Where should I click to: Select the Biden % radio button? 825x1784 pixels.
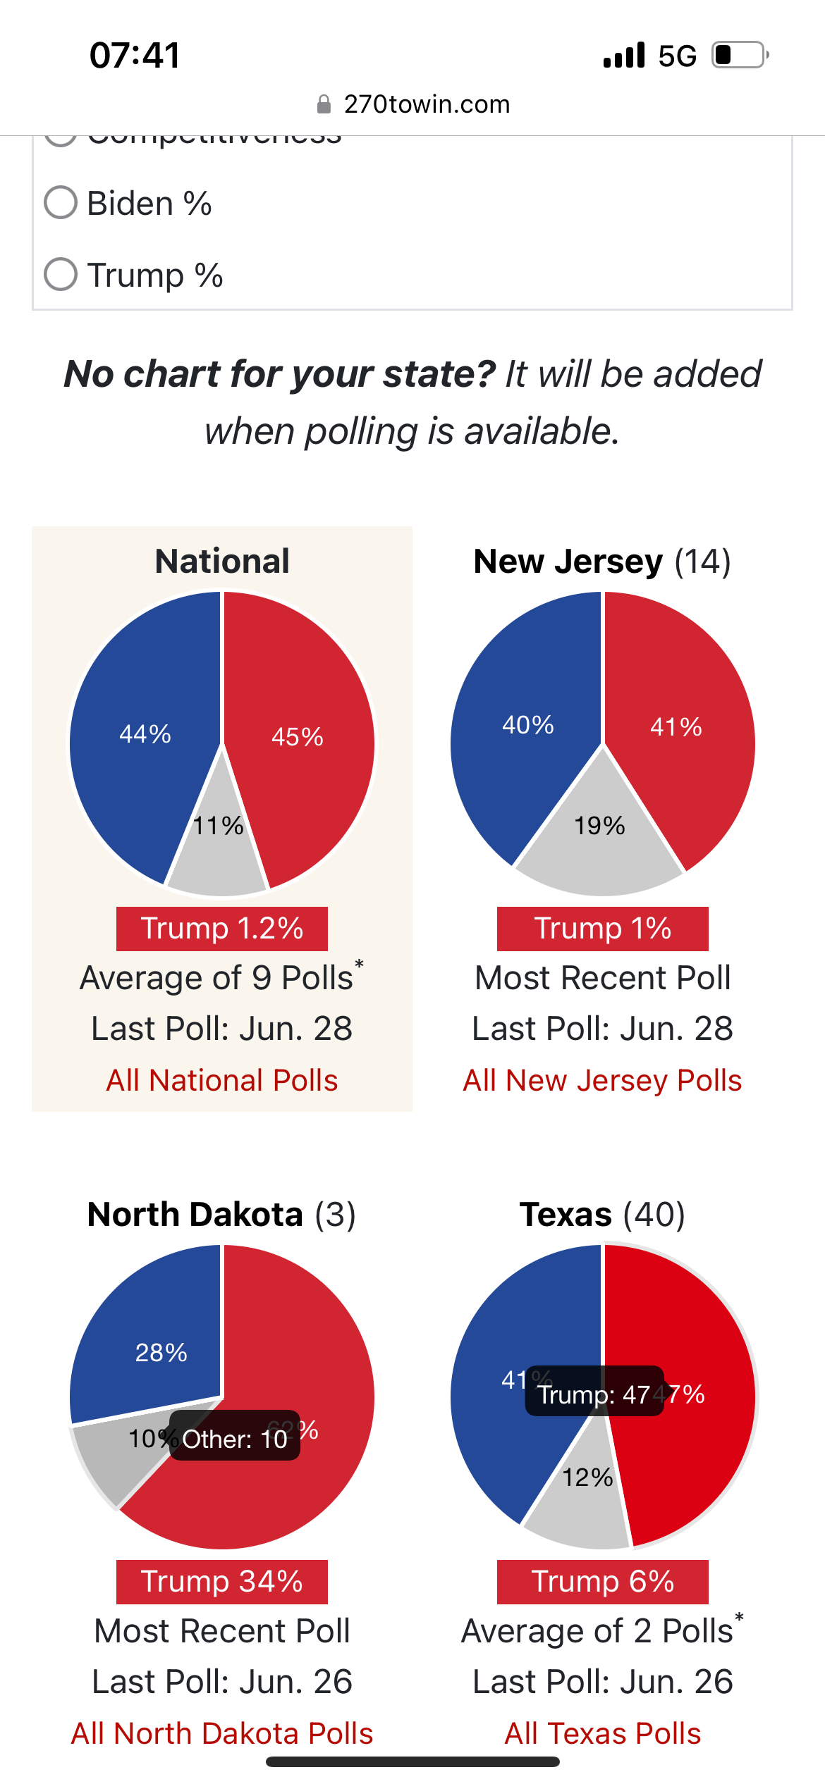point(61,203)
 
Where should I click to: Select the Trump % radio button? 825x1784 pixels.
point(61,274)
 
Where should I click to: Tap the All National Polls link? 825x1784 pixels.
point(222,1080)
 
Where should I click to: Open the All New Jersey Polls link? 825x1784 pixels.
point(602,1080)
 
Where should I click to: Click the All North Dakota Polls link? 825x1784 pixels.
point(222,1733)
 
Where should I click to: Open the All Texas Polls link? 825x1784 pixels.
point(602,1733)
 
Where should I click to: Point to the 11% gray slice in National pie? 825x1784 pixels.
point(218,845)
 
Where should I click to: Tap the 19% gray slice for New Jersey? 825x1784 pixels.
point(599,838)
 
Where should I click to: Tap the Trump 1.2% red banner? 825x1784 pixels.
point(222,929)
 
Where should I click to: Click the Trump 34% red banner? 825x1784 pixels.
point(222,1582)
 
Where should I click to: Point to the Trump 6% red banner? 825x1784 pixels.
point(602,1582)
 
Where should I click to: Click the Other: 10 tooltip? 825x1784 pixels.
point(235,1439)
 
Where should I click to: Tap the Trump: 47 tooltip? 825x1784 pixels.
point(594,1394)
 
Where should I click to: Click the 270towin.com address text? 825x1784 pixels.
point(427,104)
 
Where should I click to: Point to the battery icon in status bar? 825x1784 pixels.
point(739,55)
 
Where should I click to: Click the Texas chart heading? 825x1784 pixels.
point(602,1215)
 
